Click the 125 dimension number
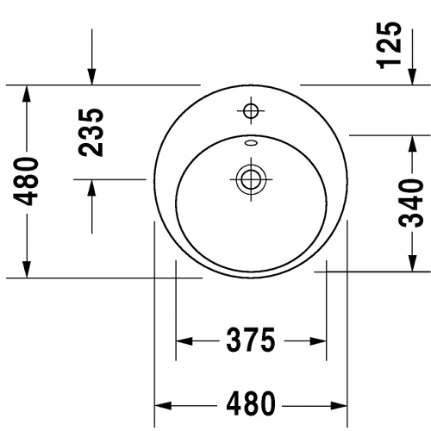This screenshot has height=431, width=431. (390, 45)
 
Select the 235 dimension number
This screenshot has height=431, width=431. (91, 133)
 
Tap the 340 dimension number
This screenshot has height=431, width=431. (411, 203)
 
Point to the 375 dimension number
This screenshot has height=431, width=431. (251, 340)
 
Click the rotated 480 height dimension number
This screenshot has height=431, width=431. (26, 181)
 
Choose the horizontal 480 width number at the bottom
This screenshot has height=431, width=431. (251, 403)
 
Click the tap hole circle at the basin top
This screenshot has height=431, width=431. (251, 110)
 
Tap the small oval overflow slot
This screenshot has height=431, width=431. (251, 142)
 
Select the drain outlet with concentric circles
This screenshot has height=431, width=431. (251, 179)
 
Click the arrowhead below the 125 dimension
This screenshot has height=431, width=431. (413, 77)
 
